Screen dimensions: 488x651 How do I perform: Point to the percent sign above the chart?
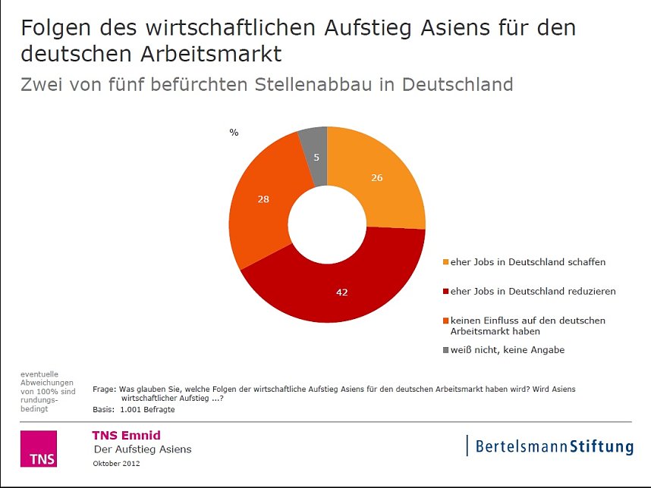coord(234,133)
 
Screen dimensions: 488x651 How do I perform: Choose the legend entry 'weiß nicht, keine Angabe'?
coord(508,350)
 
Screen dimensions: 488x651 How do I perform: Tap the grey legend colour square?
coord(445,350)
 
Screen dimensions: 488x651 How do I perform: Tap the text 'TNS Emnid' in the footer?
coord(126,435)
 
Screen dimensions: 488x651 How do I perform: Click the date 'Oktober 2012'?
coord(116,462)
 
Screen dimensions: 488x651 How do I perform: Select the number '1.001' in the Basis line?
coord(132,409)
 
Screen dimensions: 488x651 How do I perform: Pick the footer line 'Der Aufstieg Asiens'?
coord(142,449)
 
